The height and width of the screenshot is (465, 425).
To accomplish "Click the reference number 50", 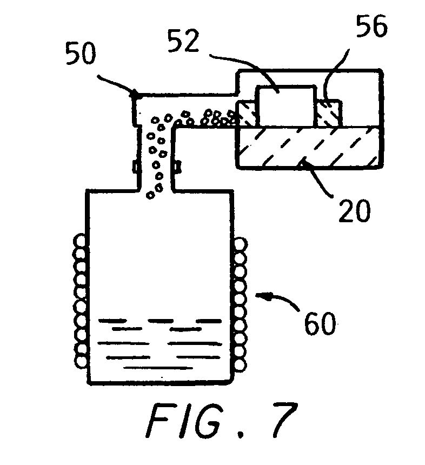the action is click(x=81, y=54).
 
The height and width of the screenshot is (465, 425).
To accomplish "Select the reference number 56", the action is click(x=372, y=26).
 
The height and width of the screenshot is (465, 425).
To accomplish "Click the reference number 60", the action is click(x=320, y=323).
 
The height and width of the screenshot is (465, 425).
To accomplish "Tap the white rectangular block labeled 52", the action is click(x=286, y=106).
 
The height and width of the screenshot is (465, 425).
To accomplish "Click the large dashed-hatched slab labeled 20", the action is click(x=308, y=148).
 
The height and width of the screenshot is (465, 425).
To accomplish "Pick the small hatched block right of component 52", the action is click(x=329, y=114).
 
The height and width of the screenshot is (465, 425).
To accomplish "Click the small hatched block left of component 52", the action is click(x=247, y=114).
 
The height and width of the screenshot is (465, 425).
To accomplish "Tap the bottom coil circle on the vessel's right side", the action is click(x=241, y=366).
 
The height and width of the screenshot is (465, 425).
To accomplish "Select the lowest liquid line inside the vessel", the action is click(x=154, y=368).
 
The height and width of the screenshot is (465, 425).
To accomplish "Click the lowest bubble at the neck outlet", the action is click(x=151, y=195).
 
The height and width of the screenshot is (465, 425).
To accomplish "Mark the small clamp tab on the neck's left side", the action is click(x=136, y=167).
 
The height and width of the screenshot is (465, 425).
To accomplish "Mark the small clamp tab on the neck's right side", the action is click(x=178, y=167).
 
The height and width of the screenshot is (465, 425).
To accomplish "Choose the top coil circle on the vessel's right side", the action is click(x=241, y=244).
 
